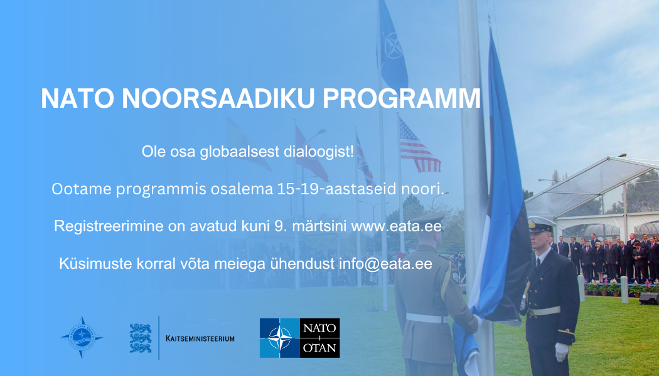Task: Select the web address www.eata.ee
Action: coord(396,227)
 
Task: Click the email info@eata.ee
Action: coord(385,264)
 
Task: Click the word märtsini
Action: coord(319,227)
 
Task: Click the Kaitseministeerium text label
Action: coord(200,338)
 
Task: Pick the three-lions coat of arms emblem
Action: coord(141,338)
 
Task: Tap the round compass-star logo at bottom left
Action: coord(82,337)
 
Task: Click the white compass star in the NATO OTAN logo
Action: coord(280,338)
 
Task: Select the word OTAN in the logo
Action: coord(319,348)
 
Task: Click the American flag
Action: coord(419,145)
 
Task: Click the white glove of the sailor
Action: coord(562,352)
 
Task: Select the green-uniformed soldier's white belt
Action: coord(427,318)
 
